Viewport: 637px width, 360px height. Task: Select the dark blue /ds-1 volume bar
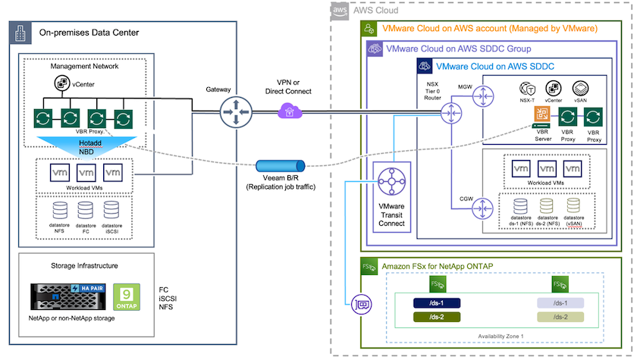pos(438,303)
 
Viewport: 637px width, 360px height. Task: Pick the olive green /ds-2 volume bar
pos(438,317)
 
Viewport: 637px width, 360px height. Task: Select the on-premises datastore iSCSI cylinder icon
pos(111,211)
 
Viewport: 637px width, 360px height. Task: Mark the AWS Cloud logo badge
pos(341,11)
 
